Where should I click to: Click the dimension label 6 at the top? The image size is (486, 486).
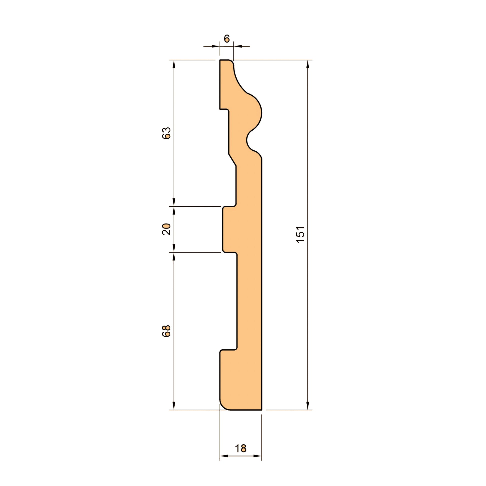pos(227,39)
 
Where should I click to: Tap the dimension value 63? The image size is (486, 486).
pos(167,133)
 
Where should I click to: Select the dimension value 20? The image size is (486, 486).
pos(167,229)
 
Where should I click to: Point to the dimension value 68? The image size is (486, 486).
pos(167,331)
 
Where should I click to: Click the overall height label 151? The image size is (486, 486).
pos(301,235)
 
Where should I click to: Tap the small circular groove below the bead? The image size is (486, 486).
pos(248,141)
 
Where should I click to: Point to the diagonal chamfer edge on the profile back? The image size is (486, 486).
pos(232,160)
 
